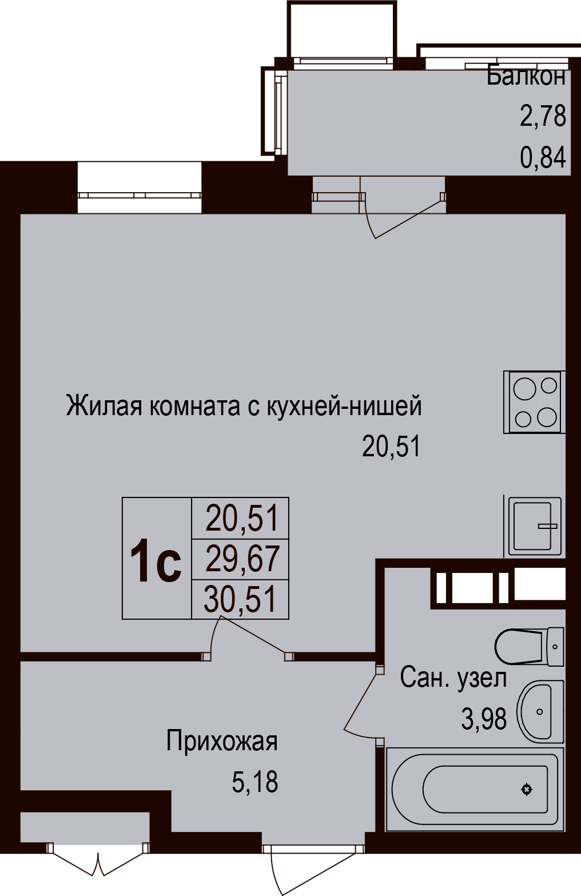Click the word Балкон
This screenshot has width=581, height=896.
(x=526, y=77)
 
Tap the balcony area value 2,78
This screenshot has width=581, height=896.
(x=543, y=116)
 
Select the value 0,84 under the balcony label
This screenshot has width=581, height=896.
(x=543, y=157)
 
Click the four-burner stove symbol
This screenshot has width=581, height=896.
(x=535, y=402)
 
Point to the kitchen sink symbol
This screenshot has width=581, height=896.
(x=535, y=527)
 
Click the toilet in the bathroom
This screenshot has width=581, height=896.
(x=529, y=646)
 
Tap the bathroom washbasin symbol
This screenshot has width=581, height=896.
(x=540, y=712)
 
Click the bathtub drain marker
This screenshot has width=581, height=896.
(x=527, y=789)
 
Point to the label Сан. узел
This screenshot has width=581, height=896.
(x=453, y=678)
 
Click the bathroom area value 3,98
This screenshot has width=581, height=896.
(x=484, y=719)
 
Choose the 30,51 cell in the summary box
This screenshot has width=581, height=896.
(x=240, y=600)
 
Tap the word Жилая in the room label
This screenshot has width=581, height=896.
(x=104, y=405)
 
